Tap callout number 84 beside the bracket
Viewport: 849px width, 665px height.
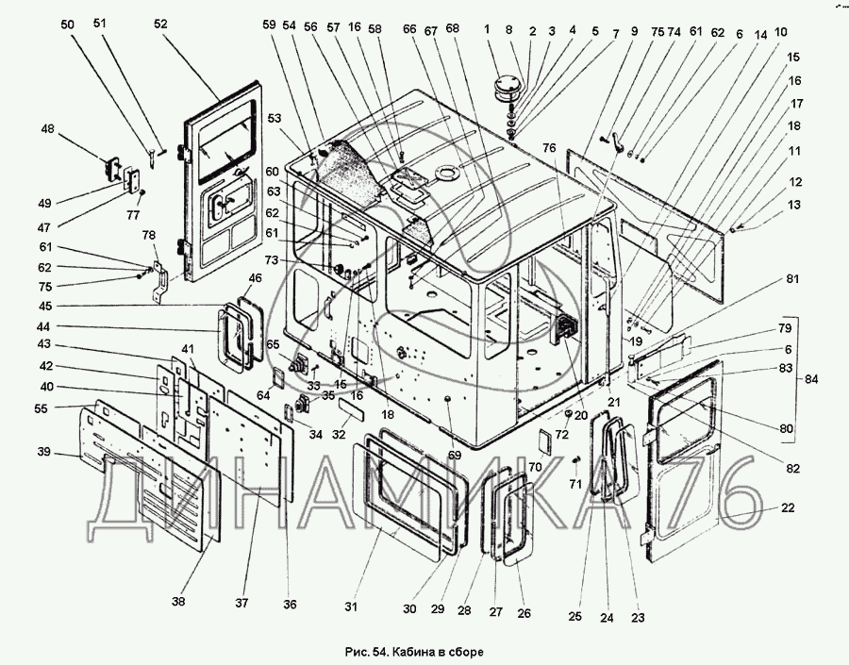[x=811, y=380]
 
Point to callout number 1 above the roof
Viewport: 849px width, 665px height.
[x=489, y=29]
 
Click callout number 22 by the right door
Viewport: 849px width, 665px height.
[x=788, y=507]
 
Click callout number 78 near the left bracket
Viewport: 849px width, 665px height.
[x=148, y=235]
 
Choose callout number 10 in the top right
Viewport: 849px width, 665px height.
[x=781, y=31]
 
